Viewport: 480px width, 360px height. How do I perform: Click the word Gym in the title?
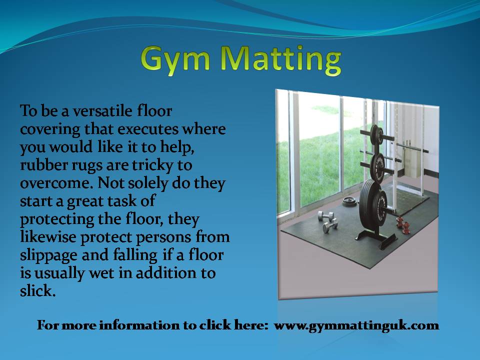click(175, 60)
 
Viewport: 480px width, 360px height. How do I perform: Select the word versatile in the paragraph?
click(102, 111)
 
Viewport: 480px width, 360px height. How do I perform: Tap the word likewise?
click(48, 237)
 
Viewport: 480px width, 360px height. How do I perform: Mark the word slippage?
click(48, 255)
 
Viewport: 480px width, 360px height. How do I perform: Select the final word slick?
click(37, 291)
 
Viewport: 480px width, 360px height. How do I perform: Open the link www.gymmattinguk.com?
click(356, 325)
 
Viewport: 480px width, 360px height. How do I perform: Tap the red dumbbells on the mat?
click(403, 225)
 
